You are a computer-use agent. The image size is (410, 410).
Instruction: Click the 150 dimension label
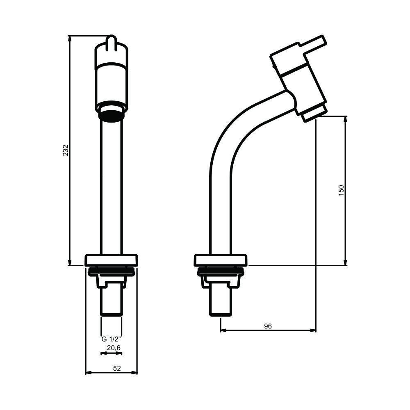pos(341,190)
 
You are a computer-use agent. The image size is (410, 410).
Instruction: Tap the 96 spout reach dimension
pos(268,326)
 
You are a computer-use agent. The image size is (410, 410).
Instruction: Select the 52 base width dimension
pos(117,368)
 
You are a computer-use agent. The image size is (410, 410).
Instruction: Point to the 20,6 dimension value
pos(114,348)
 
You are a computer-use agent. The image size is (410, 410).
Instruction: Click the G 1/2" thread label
pos(112,339)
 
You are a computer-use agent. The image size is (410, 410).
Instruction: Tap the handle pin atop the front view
pos(112,42)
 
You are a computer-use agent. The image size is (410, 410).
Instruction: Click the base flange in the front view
pos(112,260)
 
